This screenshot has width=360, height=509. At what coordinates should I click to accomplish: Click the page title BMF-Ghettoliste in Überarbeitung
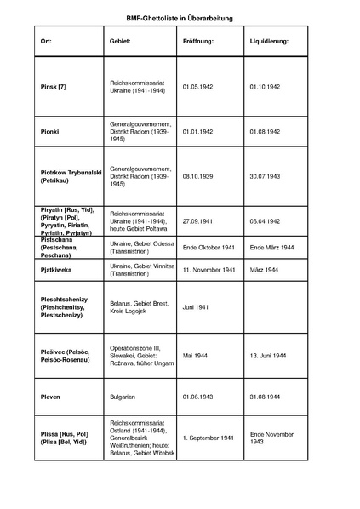180,18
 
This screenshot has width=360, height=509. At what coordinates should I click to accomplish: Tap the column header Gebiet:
121,41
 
